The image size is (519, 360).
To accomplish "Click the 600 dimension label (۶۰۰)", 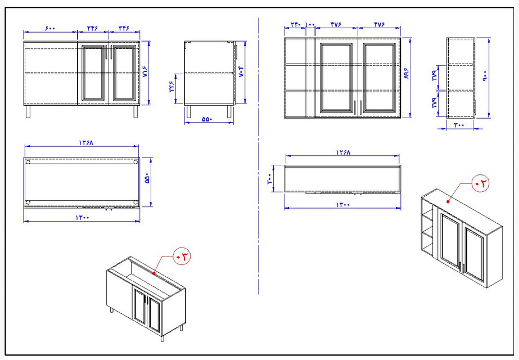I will click(x=50, y=28).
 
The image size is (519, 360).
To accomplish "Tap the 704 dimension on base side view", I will click(x=242, y=73).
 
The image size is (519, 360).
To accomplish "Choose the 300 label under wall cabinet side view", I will click(x=459, y=125).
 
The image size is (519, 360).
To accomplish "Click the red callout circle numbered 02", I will click(x=481, y=183).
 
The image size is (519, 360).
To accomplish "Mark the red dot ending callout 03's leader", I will click(x=154, y=273).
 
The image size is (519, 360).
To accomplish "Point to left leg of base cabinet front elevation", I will click(x=28, y=111).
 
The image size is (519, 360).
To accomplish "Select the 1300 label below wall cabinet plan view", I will click(x=343, y=205).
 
